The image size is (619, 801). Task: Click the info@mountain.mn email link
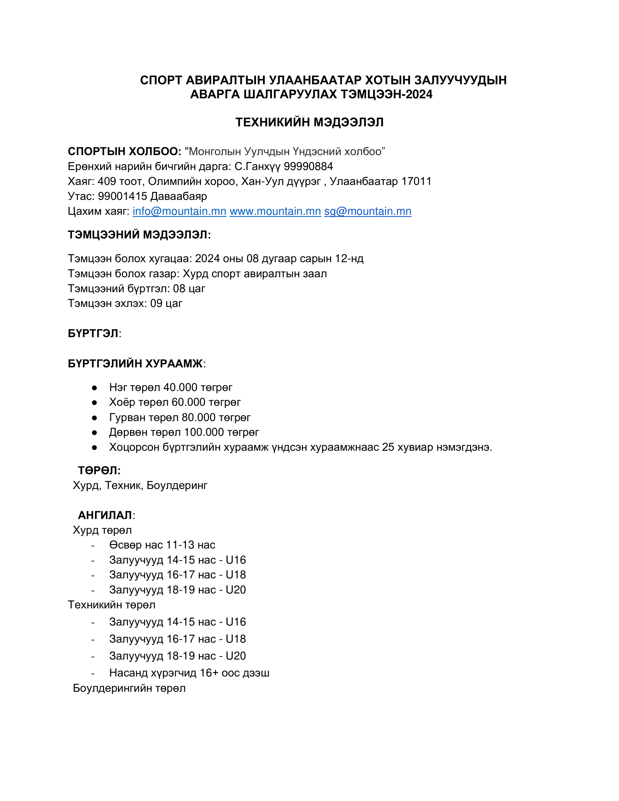point(179,211)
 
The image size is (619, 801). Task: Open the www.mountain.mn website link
point(275,211)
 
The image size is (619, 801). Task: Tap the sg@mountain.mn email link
point(367,211)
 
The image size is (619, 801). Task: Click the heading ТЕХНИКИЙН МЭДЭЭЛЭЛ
point(309,122)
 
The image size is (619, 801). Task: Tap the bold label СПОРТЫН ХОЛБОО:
point(124,151)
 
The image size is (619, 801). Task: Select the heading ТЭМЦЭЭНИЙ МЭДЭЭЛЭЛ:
point(139,235)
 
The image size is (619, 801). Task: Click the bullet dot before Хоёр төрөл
point(94,402)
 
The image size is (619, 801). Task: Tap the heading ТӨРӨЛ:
point(99,470)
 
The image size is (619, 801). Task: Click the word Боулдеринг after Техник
point(177,485)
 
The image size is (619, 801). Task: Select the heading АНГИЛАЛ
point(105,515)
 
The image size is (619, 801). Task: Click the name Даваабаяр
point(178,196)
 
